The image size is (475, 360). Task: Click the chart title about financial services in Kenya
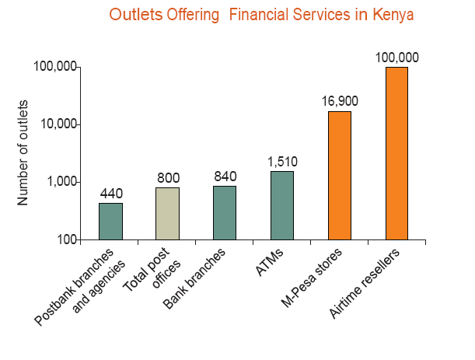(261, 15)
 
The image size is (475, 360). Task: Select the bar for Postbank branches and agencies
(110, 222)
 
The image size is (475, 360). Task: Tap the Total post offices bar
(168, 214)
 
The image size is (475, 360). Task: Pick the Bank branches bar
(225, 213)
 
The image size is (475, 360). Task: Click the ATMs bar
(282, 205)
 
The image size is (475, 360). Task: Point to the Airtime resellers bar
(396, 153)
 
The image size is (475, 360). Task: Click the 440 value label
(111, 193)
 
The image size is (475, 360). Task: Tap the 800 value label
(168, 178)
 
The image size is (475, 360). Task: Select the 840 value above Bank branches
(225, 177)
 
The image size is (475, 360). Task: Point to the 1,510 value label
(282, 162)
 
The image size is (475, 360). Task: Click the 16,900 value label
(340, 101)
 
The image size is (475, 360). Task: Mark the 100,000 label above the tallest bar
(396, 57)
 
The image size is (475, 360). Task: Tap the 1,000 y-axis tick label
(61, 182)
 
